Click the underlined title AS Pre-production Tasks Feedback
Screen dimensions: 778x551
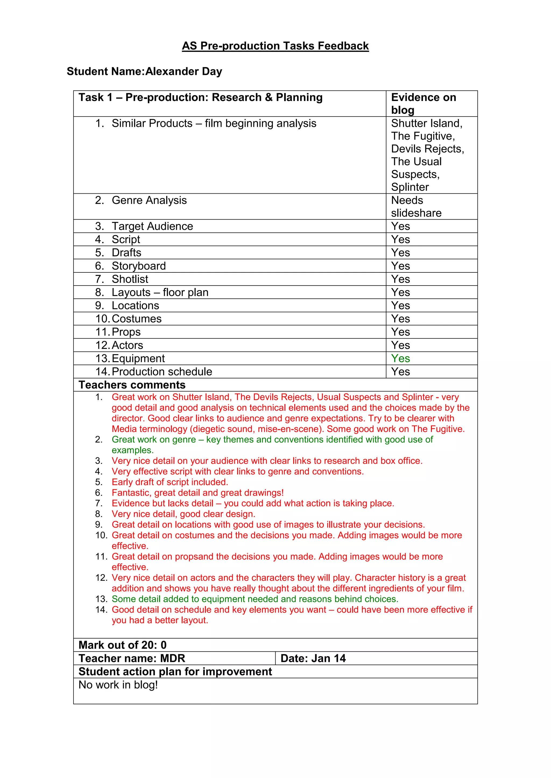coord(275,46)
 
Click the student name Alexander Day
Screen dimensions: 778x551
coord(183,71)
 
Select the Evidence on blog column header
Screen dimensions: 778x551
coord(423,103)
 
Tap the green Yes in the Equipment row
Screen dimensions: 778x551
coord(400,358)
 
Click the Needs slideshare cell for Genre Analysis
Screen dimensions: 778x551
coord(416,206)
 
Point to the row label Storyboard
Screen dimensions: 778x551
coord(139,266)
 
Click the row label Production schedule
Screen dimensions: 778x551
coord(162,372)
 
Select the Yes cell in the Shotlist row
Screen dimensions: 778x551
coord(400,279)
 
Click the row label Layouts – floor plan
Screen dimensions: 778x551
coord(160,293)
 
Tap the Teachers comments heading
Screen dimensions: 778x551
coord(132,385)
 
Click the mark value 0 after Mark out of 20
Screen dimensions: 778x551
coord(164,645)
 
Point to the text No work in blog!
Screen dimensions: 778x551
coord(118,685)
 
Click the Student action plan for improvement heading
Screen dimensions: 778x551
coord(175,671)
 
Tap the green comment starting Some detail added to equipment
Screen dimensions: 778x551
coord(255,599)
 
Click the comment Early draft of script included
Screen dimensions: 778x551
coord(170,482)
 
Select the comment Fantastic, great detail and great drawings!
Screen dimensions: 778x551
coord(197,493)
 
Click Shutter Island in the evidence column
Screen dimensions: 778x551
coord(426,123)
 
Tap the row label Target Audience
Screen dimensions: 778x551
coord(152,226)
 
